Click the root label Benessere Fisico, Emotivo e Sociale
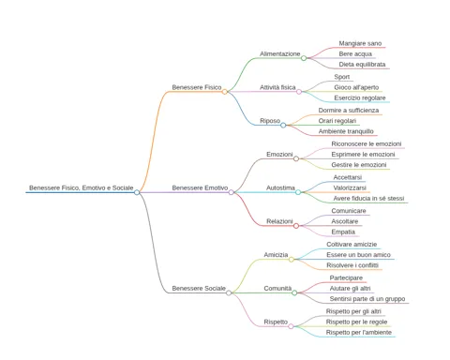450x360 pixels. click(x=82, y=187)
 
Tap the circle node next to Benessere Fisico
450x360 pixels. click(x=225, y=92)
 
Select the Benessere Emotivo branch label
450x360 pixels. click(x=200, y=187)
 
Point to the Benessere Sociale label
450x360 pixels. click(x=199, y=288)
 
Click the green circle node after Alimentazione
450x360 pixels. click(x=304, y=58)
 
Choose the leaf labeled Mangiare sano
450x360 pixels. click(x=360, y=43)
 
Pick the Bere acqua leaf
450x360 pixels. click(x=355, y=53)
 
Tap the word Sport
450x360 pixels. click(x=342, y=77)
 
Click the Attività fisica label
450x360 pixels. click(x=277, y=87)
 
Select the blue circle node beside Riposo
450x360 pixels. click(x=283, y=125)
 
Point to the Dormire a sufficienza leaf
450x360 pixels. click(x=349, y=111)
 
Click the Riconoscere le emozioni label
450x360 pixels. click(x=367, y=143)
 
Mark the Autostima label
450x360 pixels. click(x=280, y=187)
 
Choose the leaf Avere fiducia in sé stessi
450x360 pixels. click(x=368, y=199)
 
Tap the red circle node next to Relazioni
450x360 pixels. click(x=296, y=226)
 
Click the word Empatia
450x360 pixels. click(x=343, y=232)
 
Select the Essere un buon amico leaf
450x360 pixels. click(x=358, y=255)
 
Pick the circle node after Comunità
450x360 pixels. click(x=294, y=292)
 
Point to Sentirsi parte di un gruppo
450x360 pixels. click(x=367, y=299)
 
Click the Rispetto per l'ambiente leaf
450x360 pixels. click(x=359, y=332)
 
